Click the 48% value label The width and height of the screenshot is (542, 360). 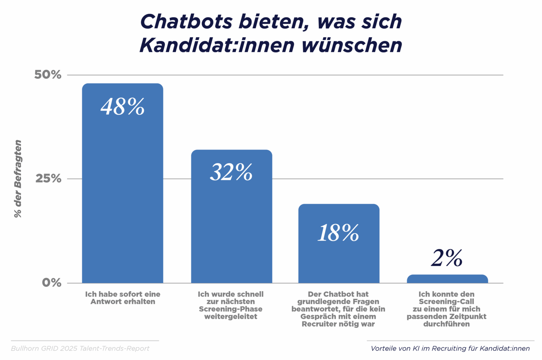[123, 107]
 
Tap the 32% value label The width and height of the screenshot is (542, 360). [231, 172]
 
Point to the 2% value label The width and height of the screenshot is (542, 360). [447, 258]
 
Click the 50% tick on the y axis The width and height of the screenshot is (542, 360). [48, 75]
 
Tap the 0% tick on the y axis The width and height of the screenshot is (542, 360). [52, 282]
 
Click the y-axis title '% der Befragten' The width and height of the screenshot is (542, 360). [18, 178]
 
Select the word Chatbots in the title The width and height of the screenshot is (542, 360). [186, 21]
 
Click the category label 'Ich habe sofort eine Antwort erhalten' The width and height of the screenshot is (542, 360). [123, 298]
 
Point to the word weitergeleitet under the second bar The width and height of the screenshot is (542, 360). [231, 317]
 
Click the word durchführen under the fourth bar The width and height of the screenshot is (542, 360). [446, 324]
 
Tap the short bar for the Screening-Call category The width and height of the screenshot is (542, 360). [447, 279]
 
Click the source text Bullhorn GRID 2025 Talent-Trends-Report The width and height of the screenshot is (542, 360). [80, 348]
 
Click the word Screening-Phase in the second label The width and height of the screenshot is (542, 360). [231, 309]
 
